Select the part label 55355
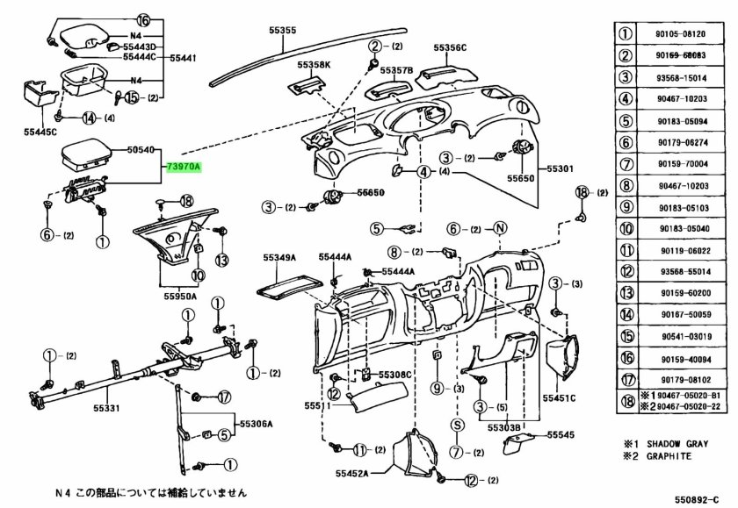coord(283,31)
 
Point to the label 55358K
coord(314,65)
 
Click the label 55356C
coord(450,47)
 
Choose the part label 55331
coord(106,408)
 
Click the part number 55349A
coord(279,258)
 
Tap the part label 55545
coord(560,434)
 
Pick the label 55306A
coord(257,424)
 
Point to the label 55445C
coord(40,132)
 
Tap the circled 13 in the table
coord(626,293)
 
